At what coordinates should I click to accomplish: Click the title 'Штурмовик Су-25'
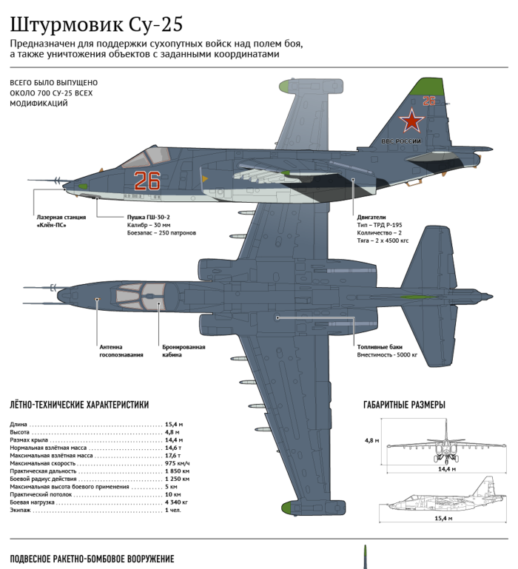96,24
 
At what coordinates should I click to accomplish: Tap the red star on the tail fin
411,120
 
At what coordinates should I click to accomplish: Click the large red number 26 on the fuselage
147,181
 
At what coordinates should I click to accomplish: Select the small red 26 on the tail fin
429,101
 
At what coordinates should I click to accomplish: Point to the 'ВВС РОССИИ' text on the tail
401,141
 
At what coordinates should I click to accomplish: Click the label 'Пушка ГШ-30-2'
149,217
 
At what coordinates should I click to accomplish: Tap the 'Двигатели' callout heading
371,217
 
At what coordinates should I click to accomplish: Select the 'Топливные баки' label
380,347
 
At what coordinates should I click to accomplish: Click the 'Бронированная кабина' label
184,351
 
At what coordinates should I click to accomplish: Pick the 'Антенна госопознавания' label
121,351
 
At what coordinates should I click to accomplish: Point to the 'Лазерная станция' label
61,217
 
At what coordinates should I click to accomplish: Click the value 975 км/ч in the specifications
177,463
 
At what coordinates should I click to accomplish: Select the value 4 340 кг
176,502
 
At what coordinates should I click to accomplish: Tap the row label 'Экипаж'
20,511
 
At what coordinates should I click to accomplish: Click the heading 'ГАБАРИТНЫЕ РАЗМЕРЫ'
404,405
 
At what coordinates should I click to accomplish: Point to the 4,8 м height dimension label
371,440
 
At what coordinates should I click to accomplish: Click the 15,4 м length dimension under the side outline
443,518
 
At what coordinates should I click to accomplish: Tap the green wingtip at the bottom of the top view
290,508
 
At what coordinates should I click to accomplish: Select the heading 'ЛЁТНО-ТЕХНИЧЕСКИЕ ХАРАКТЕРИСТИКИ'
79,405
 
